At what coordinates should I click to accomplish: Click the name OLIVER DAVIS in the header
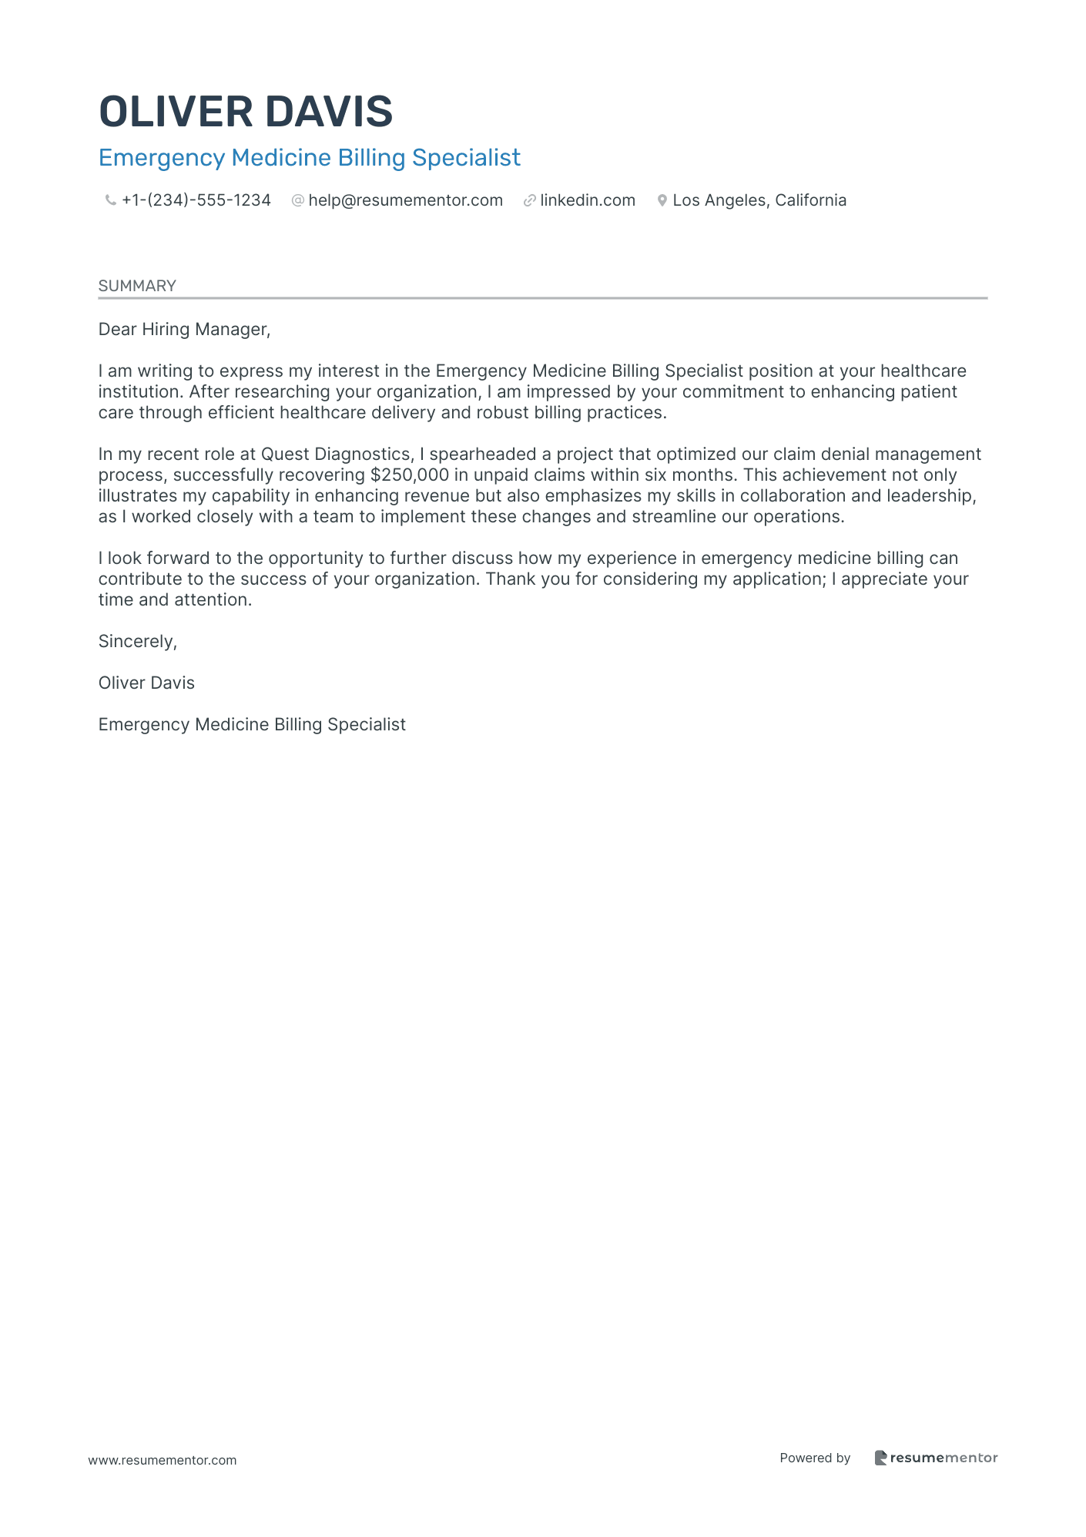coord(246,112)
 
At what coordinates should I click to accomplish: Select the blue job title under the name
coord(309,158)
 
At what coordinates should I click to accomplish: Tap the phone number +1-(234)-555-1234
coord(196,200)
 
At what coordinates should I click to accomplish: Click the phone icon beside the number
coord(110,201)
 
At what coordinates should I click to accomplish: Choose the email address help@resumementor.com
coord(405,200)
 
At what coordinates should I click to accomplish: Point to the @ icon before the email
coord(297,201)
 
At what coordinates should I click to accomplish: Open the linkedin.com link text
coord(588,200)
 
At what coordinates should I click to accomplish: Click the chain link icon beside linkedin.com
coord(529,201)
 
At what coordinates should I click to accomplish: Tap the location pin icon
coord(662,201)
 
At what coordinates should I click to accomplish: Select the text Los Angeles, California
coord(759,200)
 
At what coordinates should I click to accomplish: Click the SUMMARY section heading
coord(137,286)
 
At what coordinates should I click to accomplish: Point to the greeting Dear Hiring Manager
coord(184,330)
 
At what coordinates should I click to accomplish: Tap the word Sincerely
coord(137,642)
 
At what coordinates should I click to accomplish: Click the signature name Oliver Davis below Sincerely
coord(146,683)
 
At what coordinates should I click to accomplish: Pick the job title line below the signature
coord(252,725)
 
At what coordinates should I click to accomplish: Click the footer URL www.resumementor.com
coord(163,1460)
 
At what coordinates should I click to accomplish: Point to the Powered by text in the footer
coord(815,1458)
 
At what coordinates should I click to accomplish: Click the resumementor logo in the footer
coord(936,1458)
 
